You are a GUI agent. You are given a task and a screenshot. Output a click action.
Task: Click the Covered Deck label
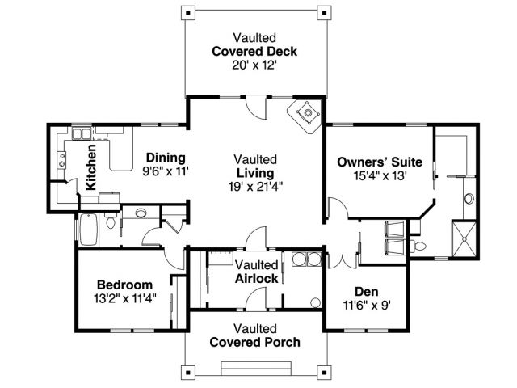click(x=254, y=52)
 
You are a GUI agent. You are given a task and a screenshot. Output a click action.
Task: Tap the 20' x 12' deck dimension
click(x=254, y=65)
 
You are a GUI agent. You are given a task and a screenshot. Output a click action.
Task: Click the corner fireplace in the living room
click(x=305, y=116)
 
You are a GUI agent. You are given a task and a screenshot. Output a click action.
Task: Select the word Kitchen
click(x=90, y=167)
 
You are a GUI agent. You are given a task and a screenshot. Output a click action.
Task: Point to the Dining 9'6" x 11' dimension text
click(x=166, y=171)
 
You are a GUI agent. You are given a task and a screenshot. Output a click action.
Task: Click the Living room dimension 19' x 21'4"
click(x=255, y=187)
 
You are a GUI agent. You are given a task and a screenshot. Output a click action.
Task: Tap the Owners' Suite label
click(x=380, y=162)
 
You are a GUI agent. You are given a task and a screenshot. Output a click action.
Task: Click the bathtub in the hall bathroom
click(x=88, y=230)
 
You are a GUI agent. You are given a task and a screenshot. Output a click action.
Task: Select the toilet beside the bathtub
click(x=111, y=221)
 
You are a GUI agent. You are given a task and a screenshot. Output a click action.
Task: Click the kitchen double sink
click(x=82, y=133)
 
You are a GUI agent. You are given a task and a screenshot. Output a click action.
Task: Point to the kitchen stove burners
click(x=61, y=160)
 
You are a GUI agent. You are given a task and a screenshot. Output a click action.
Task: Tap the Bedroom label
click(x=125, y=285)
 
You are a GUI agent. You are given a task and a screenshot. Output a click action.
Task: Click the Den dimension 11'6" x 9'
click(x=367, y=306)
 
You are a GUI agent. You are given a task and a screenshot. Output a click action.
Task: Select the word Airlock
click(x=257, y=278)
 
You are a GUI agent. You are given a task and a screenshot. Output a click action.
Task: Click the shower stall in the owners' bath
click(x=464, y=239)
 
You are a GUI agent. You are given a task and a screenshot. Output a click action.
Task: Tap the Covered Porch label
click(x=255, y=342)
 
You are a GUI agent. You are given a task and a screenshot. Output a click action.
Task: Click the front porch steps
click(x=256, y=369)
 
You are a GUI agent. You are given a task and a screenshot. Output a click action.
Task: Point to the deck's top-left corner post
click(x=188, y=13)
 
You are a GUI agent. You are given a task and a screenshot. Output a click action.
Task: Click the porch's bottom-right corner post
click(x=324, y=373)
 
